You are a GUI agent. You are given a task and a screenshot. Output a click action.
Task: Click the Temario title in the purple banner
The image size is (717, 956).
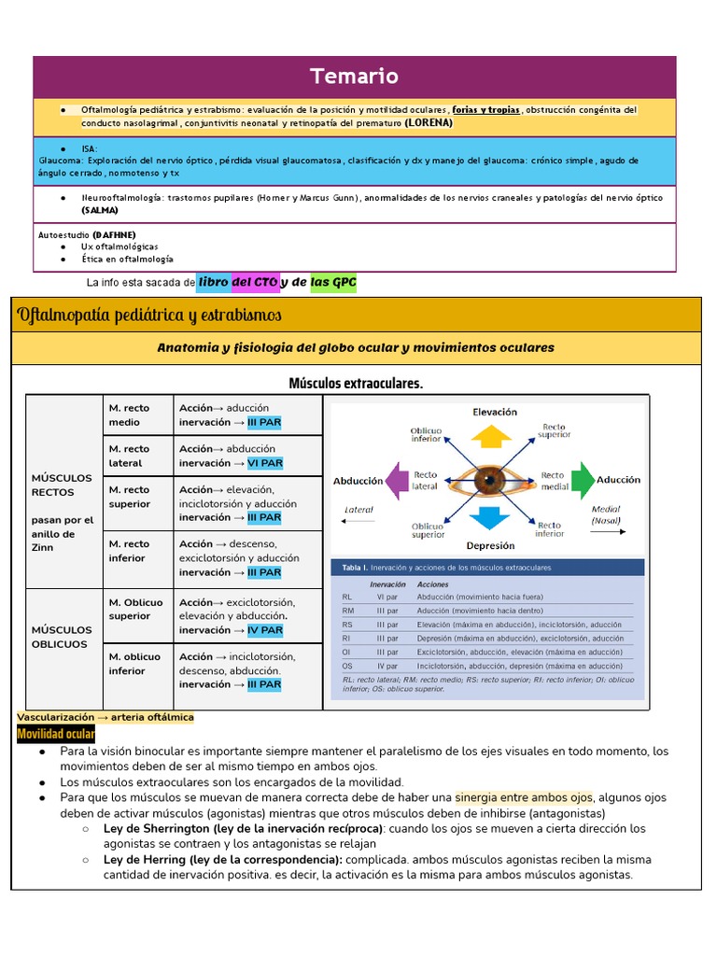[354, 77]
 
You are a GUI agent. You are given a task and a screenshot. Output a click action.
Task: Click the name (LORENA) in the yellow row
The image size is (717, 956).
[429, 122]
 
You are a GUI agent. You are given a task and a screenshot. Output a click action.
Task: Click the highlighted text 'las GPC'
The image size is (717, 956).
[333, 282]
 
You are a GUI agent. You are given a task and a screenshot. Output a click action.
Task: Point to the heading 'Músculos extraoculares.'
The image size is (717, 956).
[356, 383]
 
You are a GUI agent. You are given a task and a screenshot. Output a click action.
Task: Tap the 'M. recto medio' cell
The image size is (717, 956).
[130, 415]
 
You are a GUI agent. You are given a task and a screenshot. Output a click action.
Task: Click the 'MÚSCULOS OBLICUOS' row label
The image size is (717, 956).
[62, 637]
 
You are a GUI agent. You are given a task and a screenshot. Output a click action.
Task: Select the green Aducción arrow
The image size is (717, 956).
[581, 480]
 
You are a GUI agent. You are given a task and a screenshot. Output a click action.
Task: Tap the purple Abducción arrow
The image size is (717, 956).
[399, 480]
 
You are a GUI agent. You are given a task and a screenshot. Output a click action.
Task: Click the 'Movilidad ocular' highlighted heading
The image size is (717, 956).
[56, 735]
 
